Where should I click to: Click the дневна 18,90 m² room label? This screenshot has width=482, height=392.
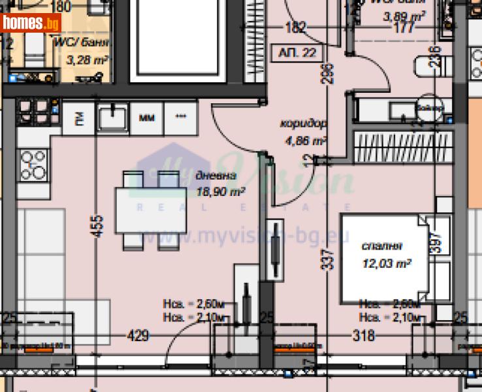219,184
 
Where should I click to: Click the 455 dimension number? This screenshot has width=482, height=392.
99,227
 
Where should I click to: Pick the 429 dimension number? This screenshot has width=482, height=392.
138,336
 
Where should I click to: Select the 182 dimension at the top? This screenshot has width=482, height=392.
296,27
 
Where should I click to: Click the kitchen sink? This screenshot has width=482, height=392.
114,118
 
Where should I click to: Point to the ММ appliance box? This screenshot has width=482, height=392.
147,118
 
